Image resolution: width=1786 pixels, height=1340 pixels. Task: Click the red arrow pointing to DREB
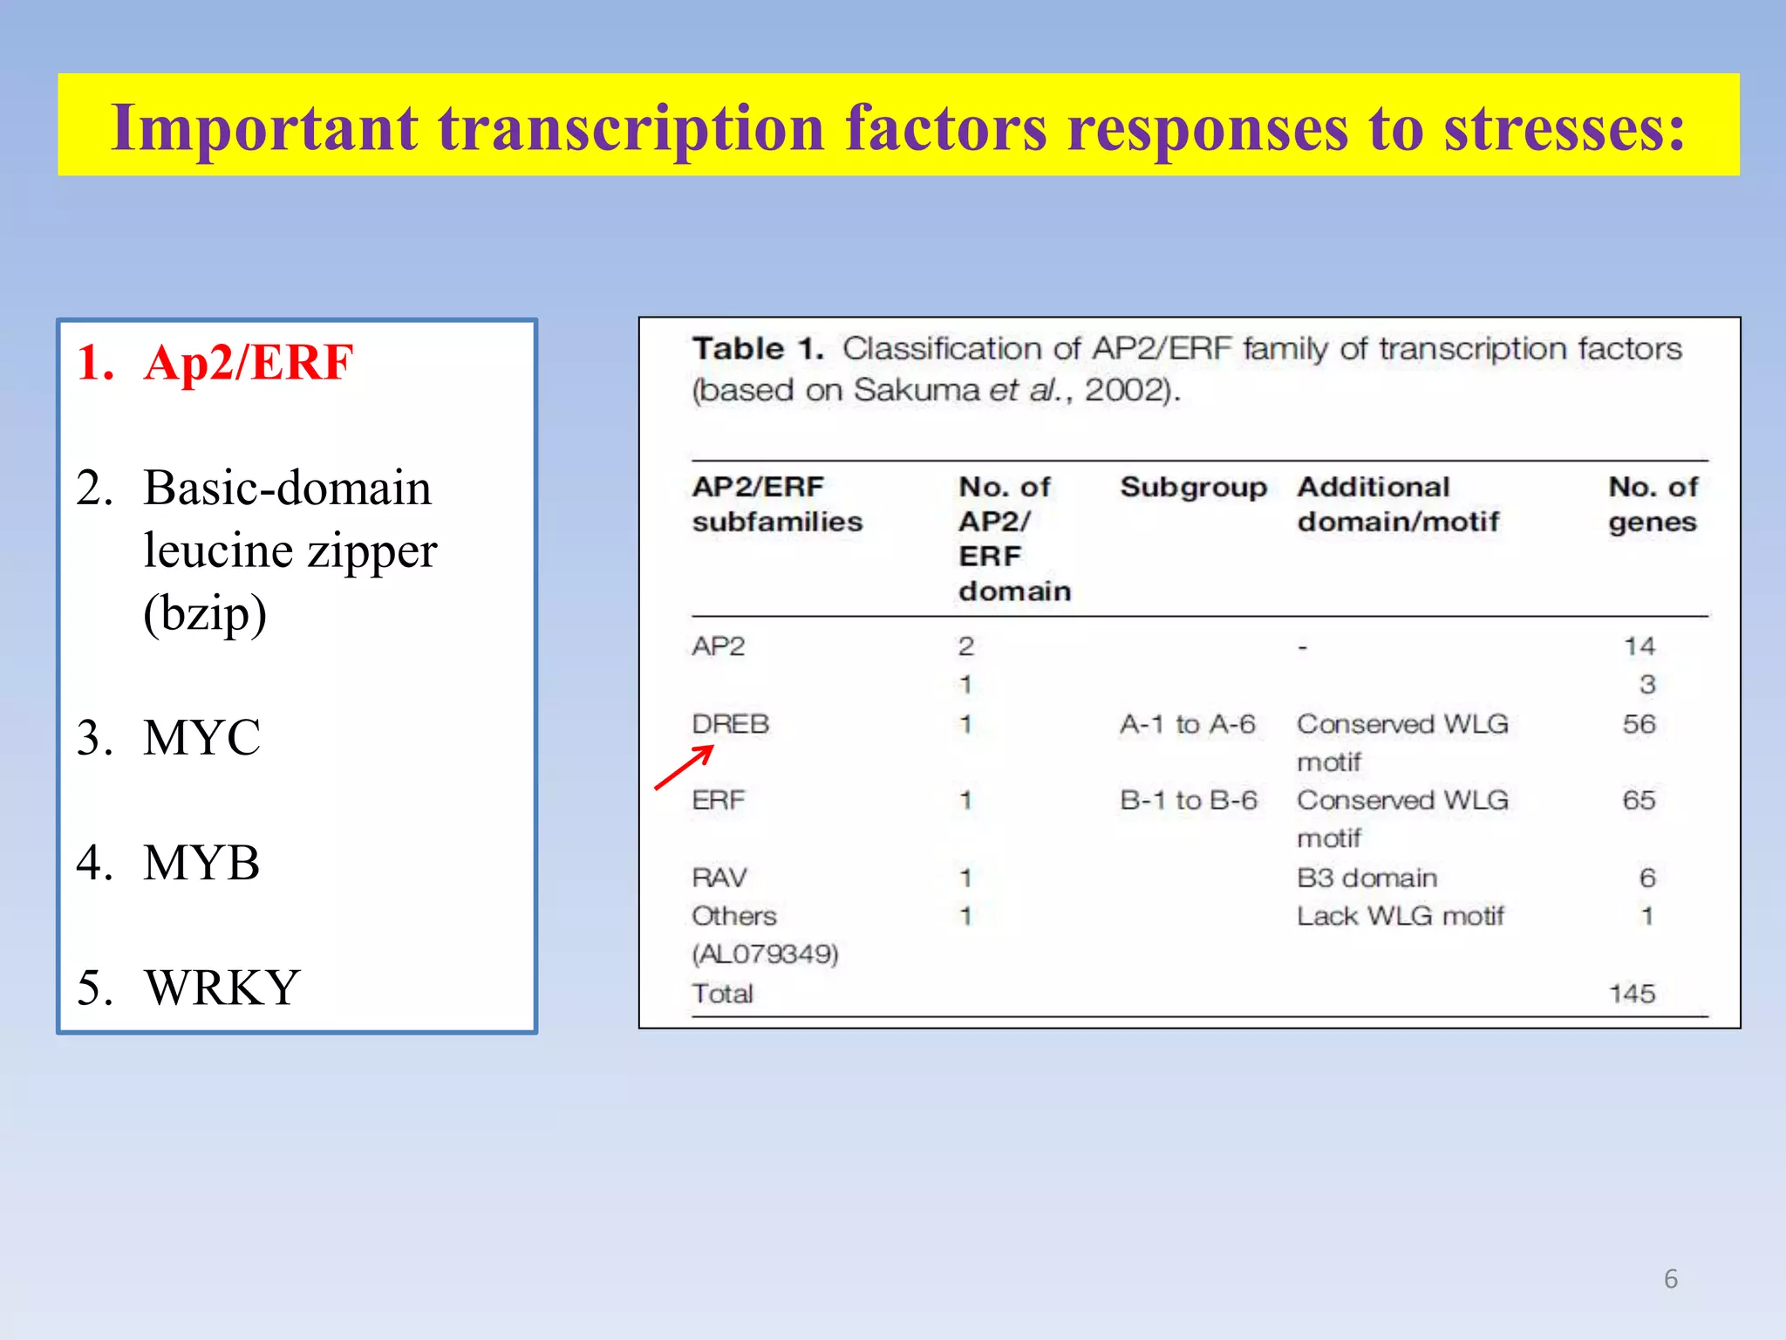point(685,768)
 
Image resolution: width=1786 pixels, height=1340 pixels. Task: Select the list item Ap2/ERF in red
point(249,363)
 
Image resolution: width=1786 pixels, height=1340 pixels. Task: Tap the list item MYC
point(201,738)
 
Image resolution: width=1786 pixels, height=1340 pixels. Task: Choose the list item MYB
point(201,864)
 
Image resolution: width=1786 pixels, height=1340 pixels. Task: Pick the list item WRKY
point(222,988)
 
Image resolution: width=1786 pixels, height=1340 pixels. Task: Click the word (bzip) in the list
point(205,613)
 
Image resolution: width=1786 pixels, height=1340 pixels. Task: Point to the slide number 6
point(1670,1279)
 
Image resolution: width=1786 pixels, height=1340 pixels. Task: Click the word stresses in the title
point(1564,128)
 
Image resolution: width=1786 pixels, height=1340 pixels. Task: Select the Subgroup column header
point(1192,487)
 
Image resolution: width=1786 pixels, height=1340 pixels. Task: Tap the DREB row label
point(730,724)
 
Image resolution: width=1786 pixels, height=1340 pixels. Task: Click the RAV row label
point(719,878)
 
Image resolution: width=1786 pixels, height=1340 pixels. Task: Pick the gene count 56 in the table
point(1639,724)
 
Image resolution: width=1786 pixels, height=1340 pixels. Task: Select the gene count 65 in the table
point(1639,800)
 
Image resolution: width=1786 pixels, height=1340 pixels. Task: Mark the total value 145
point(1632,994)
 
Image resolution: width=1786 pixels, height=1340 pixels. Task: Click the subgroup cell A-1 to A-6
point(1187,724)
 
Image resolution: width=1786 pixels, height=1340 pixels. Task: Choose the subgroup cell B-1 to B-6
point(1188,800)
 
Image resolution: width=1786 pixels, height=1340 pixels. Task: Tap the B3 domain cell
point(1367,878)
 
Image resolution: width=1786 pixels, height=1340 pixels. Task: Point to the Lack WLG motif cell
point(1400,916)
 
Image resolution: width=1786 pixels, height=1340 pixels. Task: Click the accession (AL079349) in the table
point(765,954)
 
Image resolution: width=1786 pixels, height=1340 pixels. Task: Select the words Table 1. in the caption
point(758,349)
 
